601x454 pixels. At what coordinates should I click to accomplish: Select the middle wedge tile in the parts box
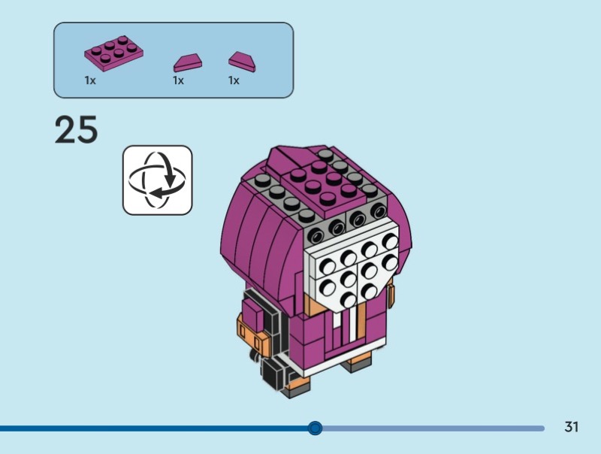click(x=188, y=62)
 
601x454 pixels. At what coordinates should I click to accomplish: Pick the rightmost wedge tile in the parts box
click(x=243, y=61)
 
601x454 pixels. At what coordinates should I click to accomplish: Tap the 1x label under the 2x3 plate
click(x=90, y=80)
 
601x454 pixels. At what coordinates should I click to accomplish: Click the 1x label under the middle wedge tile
click(x=178, y=80)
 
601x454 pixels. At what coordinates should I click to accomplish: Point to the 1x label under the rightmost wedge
click(x=234, y=80)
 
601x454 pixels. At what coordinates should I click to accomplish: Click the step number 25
click(x=76, y=130)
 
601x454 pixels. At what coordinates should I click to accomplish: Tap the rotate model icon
click(x=158, y=180)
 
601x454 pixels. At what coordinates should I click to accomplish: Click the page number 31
click(x=572, y=427)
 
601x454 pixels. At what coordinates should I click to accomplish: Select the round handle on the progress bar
click(x=316, y=428)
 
